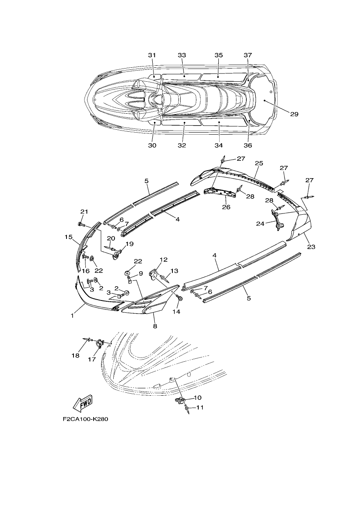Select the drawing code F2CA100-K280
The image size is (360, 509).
pyautogui.click(x=85, y=425)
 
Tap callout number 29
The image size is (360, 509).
pyautogui.click(x=294, y=114)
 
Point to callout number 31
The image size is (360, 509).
pyautogui.click(x=152, y=55)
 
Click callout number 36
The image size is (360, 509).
pyautogui.click(x=248, y=145)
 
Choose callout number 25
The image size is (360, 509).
pyautogui.click(x=259, y=163)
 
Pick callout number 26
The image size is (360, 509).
pyautogui.click(x=226, y=207)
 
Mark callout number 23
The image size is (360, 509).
pyautogui.click(x=312, y=247)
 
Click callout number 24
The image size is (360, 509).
pyautogui.click(x=260, y=224)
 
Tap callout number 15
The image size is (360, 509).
pyautogui.click(x=68, y=237)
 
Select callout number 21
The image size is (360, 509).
pyautogui.click(x=84, y=211)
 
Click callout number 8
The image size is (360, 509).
pyautogui.click(x=155, y=326)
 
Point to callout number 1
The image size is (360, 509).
pyautogui.click(x=72, y=316)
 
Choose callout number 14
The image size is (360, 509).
pyautogui.click(x=177, y=312)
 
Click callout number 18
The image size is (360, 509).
pyautogui.click(x=76, y=355)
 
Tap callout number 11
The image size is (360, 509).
pyautogui.click(x=200, y=408)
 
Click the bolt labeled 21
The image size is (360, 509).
pyautogui.click(x=81, y=225)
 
